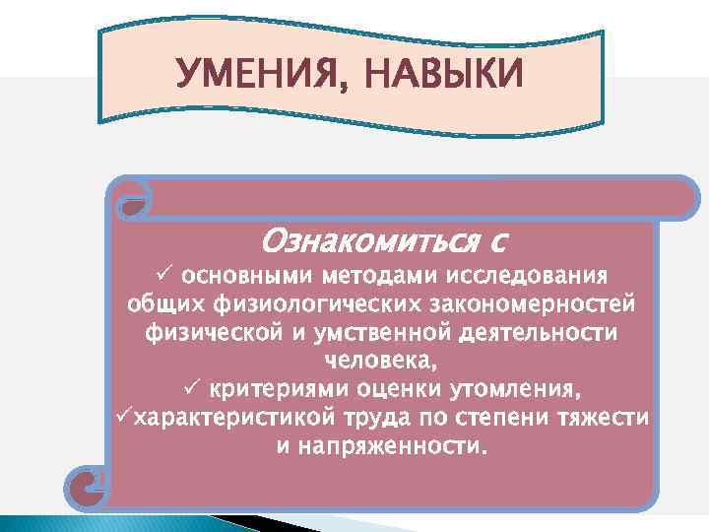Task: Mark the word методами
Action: point(372,273)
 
